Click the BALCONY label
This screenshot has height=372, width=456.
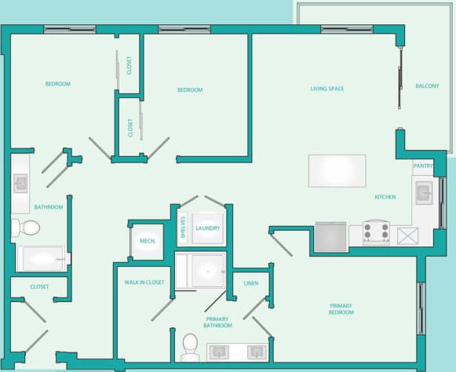click(x=427, y=86)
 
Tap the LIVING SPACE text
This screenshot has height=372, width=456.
click(x=327, y=89)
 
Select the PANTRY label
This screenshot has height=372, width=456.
click(x=423, y=166)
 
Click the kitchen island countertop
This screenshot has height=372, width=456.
click(x=337, y=170)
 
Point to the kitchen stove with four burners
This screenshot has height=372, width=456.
click(x=376, y=232)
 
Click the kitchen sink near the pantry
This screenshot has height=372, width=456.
click(x=424, y=192)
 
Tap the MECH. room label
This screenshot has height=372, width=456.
click(x=146, y=241)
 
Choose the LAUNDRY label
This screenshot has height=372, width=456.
click(x=208, y=228)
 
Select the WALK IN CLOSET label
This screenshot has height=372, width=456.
click(x=144, y=283)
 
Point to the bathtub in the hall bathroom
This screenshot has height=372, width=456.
click(x=40, y=257)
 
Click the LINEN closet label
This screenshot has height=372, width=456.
click(x=251, y=283)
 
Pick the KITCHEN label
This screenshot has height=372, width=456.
click(x=385, y=197)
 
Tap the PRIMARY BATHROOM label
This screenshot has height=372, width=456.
click(x=218, y=322)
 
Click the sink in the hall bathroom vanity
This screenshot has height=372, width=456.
click(x=20, y=184)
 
